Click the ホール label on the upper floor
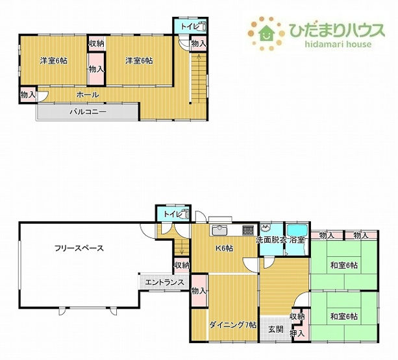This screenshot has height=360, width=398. click(87, 95)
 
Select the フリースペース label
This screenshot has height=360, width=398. click(79, 247)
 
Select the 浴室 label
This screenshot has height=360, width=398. click(297, 240)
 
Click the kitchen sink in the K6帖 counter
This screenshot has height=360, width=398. click(218, 230)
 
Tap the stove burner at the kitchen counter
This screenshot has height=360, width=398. click(248, 230)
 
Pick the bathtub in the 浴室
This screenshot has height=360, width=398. click(298, 230)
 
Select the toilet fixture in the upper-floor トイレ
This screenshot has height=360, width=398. click(201, 27)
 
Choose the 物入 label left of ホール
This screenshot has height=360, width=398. click(27, 95)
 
